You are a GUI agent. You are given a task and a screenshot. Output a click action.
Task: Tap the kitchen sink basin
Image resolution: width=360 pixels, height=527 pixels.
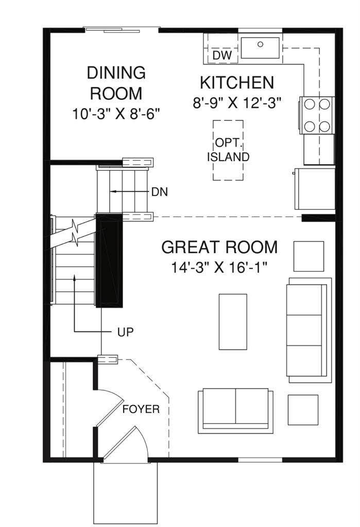point(260,47)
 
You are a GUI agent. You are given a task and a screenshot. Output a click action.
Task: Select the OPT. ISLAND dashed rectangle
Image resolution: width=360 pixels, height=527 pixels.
point(228,150)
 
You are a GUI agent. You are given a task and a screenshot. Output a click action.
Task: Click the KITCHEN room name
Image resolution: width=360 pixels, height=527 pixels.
point(236,82)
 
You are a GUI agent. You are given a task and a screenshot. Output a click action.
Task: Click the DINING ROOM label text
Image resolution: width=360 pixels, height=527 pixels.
point(116,83)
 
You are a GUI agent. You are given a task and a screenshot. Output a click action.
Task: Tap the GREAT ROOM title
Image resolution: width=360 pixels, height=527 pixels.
point(219,247)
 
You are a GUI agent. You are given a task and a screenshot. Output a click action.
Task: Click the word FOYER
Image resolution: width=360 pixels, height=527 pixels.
point(141,410)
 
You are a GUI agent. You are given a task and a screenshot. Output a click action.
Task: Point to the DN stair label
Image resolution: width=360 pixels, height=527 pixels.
point(159,192)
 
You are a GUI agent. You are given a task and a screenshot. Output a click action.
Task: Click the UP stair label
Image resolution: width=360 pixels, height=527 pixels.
point(126,332)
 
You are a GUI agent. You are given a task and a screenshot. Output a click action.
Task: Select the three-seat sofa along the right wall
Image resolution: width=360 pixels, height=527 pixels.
point(308,330)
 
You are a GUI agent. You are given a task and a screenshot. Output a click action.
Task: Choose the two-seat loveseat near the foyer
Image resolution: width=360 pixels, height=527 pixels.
point(235,409)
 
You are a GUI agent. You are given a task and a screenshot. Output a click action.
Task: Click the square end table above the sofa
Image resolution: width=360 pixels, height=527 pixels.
point(308,256)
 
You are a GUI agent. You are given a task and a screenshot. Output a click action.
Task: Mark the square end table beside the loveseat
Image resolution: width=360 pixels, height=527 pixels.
point(302,409)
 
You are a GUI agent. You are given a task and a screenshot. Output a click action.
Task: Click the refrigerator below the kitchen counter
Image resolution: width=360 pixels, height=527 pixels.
point(314,188)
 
